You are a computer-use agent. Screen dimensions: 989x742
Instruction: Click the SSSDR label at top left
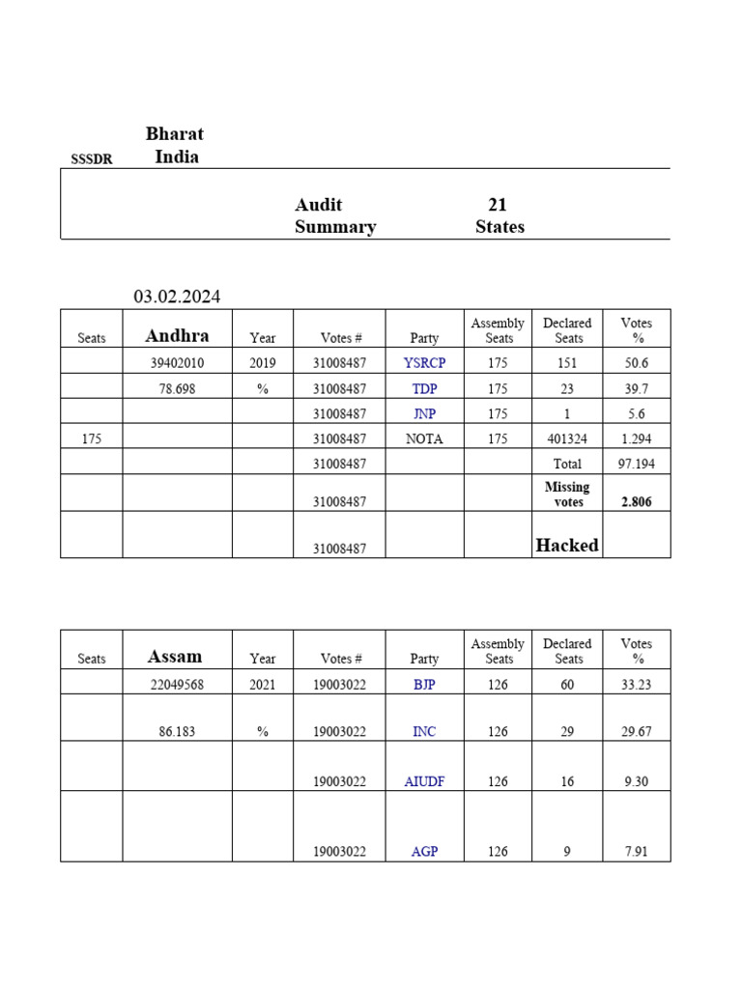click(91, 159)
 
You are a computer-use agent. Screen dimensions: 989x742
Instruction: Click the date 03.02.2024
click(177, 297)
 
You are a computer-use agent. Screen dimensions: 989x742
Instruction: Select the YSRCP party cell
click(424, 362)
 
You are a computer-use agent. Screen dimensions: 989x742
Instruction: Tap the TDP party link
click(424, 388)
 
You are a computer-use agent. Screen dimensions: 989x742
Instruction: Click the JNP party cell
click(424, 413)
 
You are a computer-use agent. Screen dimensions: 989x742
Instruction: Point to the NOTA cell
click(424, 438)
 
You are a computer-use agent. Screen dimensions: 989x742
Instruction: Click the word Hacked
click(567, 545)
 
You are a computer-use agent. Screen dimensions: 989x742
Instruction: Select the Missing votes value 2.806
click(636, 502)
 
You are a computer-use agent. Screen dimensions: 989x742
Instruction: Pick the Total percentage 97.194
click(636, 464)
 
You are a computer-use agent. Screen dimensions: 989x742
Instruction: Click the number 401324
click(567, 438)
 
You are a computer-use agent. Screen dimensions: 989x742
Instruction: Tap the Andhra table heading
click(177, 336)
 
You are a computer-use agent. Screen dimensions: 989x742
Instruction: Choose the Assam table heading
click(175, 657)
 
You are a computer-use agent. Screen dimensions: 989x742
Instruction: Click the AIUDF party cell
click(424, 781)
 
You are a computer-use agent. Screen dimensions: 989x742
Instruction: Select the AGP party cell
click(424, 852)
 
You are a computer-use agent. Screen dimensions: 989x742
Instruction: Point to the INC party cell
click(424, 731)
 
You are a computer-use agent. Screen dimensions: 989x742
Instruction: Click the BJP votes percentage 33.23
click(636, 684)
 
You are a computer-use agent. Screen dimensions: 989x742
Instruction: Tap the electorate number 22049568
click(177, 684)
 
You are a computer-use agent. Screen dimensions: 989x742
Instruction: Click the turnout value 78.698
click(177, 388)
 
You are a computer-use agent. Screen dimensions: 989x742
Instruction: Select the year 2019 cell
click(262, 362)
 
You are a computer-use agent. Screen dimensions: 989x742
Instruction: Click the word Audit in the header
click(319, 205)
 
